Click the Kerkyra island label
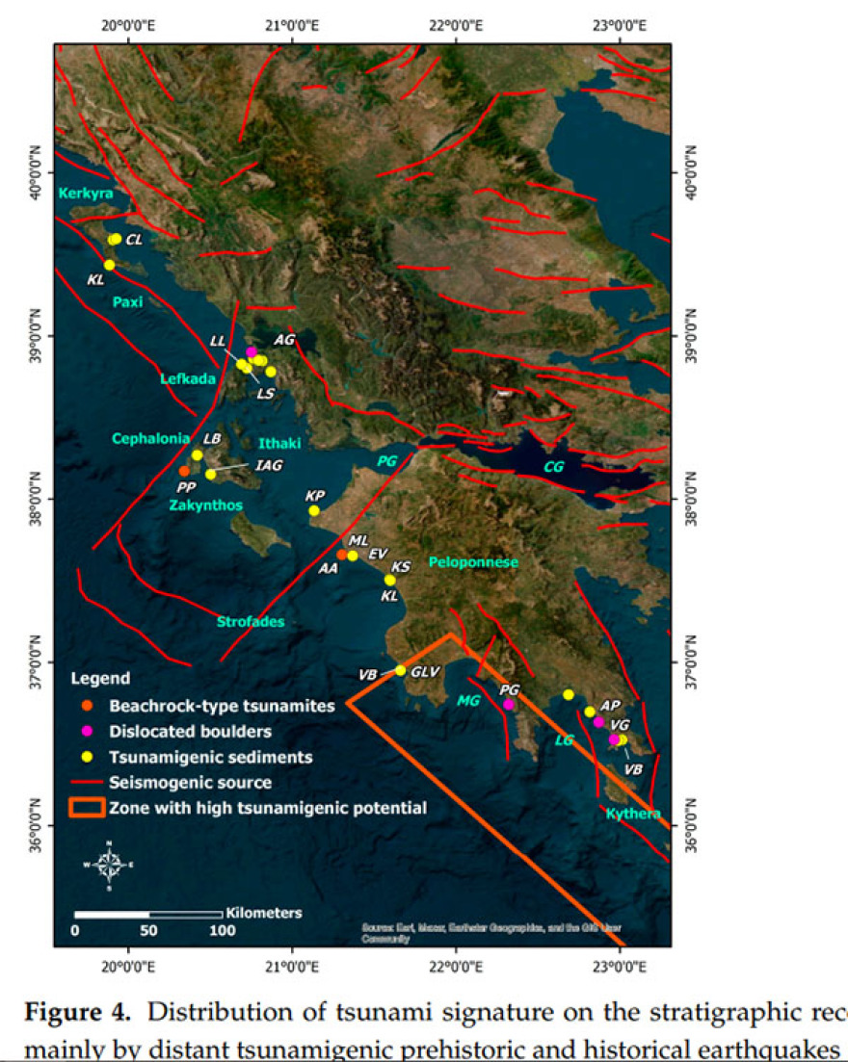(86, 194)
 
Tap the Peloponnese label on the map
(474, 561)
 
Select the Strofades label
(250, 622)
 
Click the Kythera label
(633, 815)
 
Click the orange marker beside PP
(184, 471)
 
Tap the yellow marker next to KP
(314, 510)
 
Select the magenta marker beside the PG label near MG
(509, 705)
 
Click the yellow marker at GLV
(401, 670)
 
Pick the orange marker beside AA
(342, 555)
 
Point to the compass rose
(109, 863)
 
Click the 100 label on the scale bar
(222, 931)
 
